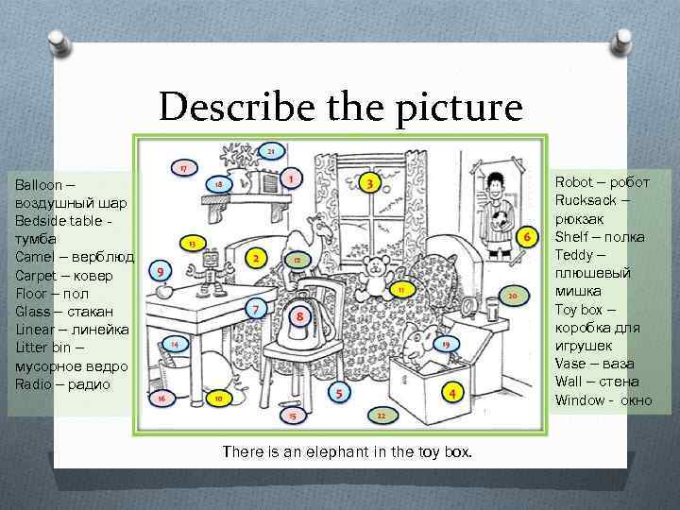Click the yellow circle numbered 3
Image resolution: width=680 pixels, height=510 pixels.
[x=369, y=183]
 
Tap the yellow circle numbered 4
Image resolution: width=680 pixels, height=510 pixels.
[x=452, y=393]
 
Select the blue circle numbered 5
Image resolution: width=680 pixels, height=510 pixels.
[x=339, y=393]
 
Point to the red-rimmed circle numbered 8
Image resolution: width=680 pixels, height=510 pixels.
[x=299, y=316]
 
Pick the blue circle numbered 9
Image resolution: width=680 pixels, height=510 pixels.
[x=160, y=271]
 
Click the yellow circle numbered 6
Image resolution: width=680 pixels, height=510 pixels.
[x=527, y=237]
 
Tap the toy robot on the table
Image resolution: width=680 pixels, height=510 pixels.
[x=210, y=273]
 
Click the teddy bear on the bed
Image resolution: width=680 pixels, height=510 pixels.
[x=374, y=278]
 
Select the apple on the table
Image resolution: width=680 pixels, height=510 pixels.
[x=164, y=291]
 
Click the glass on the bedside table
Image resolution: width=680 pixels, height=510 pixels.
[x=492, y=308]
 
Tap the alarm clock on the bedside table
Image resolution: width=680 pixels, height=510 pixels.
[x=468, y=307]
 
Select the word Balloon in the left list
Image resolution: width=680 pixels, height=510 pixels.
[x=39, y=185]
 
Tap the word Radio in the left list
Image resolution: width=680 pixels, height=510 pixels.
[x=33, y=384]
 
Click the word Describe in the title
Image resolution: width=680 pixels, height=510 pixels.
[x=237, y=106]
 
